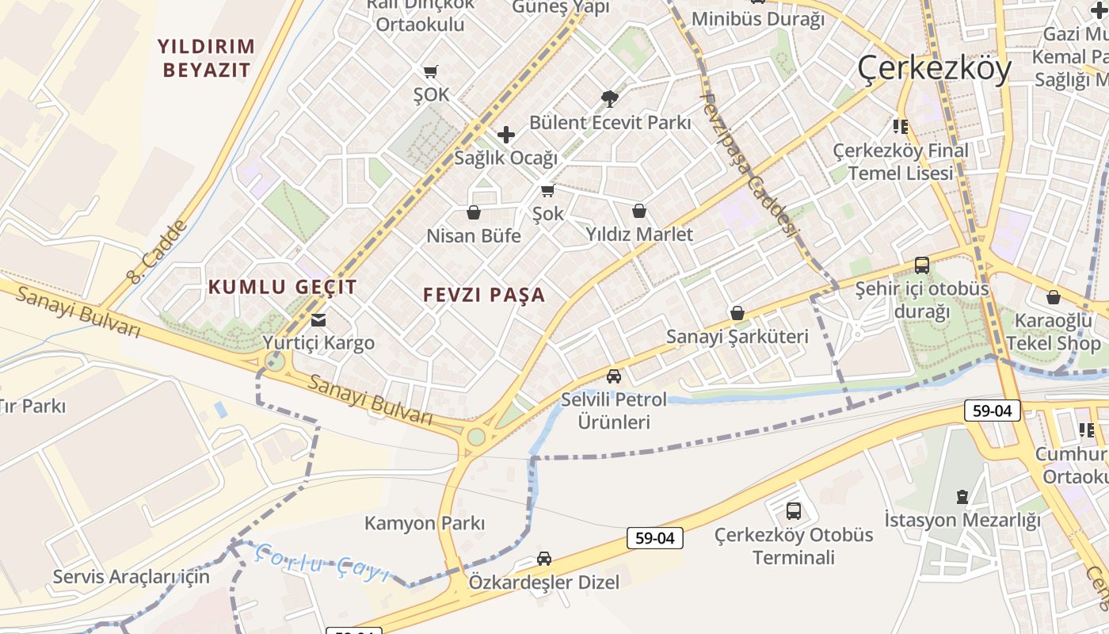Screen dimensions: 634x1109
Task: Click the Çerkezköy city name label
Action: [934, 70]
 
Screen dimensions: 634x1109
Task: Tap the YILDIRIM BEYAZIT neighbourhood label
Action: [206, 58]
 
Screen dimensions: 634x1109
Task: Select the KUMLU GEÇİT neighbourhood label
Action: [283, 287]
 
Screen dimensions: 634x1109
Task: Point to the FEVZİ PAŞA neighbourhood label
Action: [484, 295]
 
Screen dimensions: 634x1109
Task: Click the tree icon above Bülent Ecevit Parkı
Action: [609, 99]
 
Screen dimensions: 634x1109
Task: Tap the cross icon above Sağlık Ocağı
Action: [505, 135]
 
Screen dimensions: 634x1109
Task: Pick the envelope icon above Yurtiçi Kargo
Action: [318, 320]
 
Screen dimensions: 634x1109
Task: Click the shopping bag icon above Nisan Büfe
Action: [474, 212]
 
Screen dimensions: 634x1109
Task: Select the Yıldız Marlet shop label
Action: [639, 234]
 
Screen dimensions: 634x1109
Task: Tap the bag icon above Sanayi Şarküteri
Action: [737, 313]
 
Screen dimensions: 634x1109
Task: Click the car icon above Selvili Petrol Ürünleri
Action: [614, 376]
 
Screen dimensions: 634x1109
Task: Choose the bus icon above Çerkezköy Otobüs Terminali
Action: [794, 511]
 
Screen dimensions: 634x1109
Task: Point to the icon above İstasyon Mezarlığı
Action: [962, 497]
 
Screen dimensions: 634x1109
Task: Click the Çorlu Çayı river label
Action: [322, 564]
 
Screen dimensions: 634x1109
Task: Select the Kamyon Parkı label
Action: [424, 523]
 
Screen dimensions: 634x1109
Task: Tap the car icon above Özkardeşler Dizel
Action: [544, 559]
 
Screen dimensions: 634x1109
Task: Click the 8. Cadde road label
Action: [157, 252]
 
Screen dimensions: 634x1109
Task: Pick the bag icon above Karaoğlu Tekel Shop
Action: [1054, 297]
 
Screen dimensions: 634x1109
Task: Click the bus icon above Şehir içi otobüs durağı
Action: [922, 265]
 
